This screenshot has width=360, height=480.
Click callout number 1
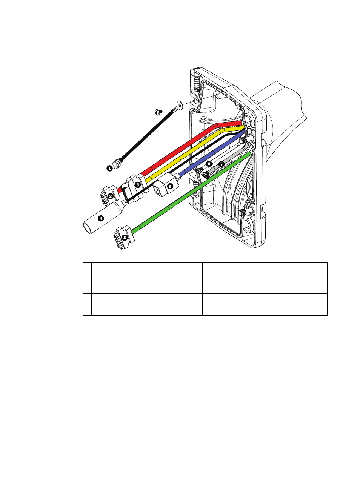[x=110, y=169]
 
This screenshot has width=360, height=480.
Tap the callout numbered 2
[x=111, y=196]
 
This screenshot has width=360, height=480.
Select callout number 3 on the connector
[x=138, y=185]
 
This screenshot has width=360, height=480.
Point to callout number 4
[x=101, y=218]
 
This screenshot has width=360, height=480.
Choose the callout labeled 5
[x=170, y=186]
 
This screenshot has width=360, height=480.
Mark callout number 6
[x=209, y=164]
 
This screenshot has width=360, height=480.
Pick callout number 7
[x=222, y=164]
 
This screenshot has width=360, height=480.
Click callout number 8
[x=125, y=238]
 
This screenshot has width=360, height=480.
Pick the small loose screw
[x=158, y=112]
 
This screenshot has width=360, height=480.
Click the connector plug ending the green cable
[x=123, y=238]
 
